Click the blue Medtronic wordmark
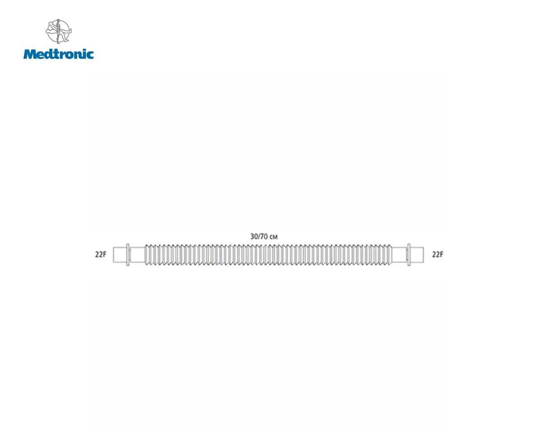(58, 54)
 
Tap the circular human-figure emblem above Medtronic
(59, 31)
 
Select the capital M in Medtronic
(30, 54)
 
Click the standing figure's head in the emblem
(58, 20)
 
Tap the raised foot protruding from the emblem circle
(69, 31)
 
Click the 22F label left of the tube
(101, 254)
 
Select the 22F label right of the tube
(438, 254)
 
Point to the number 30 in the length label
(254, 236)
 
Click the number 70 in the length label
(264, 236)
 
